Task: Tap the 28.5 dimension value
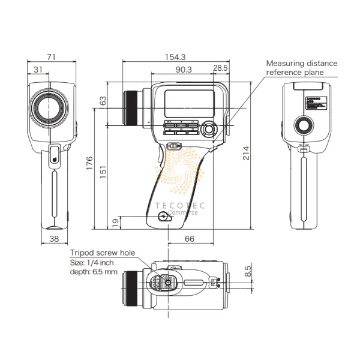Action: [220, 68]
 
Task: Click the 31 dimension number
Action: [38, 70]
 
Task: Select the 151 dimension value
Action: [103, 170]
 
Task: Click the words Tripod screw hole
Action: [103, 253]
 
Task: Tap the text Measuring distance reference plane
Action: [302, 68]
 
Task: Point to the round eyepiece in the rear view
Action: [304, 125]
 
